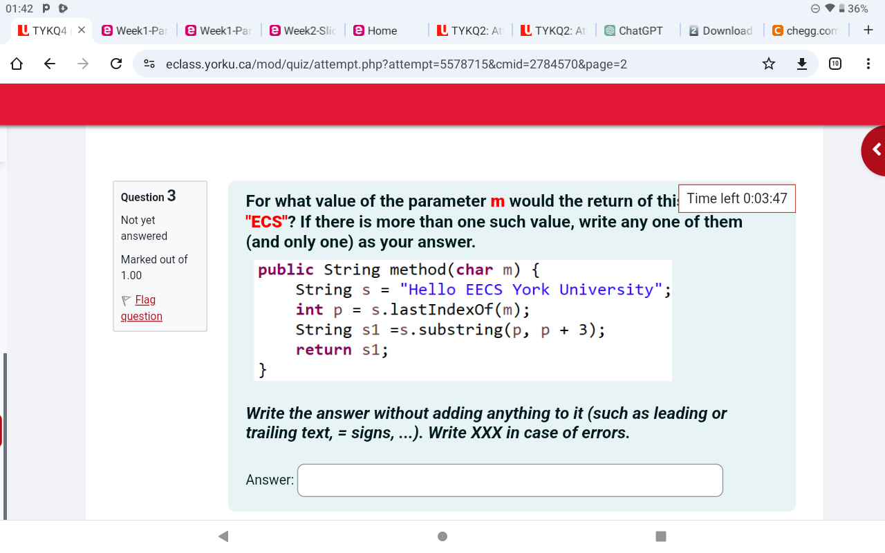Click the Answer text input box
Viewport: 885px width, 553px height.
pos(510,480)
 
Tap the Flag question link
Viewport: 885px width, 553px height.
pos(142,308)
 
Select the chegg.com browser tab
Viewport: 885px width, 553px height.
pos(805,30)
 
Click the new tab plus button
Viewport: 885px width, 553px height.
pos(868,30)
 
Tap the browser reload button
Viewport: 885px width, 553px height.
pos(117,64)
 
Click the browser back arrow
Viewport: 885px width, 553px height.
pos(50,64)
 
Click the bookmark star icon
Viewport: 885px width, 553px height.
pos(768,64)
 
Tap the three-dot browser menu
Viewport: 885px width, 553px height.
pos(868,64)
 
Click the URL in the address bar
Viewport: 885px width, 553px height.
pos(396,64)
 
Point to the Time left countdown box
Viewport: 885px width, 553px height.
pos(736,198)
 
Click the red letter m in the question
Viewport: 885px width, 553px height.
pos(497,201)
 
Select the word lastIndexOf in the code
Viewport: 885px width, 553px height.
pos(438,309)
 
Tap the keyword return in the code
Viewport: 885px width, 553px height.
pos(324,350)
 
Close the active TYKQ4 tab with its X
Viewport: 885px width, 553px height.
pos(81,30)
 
